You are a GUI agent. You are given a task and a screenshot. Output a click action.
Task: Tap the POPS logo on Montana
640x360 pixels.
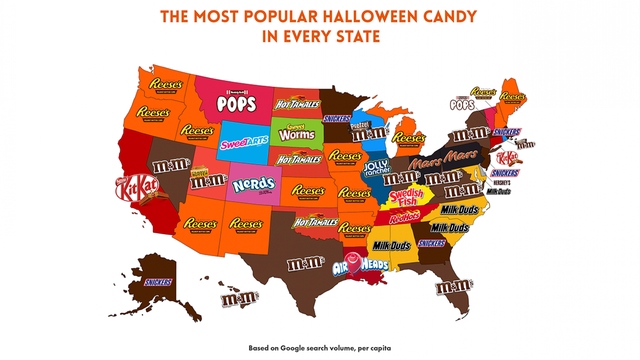coord(216,103)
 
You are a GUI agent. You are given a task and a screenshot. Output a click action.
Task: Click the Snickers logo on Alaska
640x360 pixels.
coord(158,282)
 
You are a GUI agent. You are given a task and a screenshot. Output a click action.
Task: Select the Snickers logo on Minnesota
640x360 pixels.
coord(338,117)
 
